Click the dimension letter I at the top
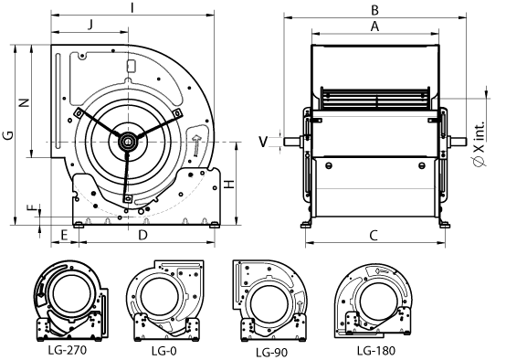[133, 7]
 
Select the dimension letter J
[89, 26]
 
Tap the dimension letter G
[7, 135]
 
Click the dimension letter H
[231, 184]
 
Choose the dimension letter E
[64, 236]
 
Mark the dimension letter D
[142, 236]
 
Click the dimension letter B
[374, 9]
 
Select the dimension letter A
[374, 26]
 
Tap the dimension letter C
[374, 236]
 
